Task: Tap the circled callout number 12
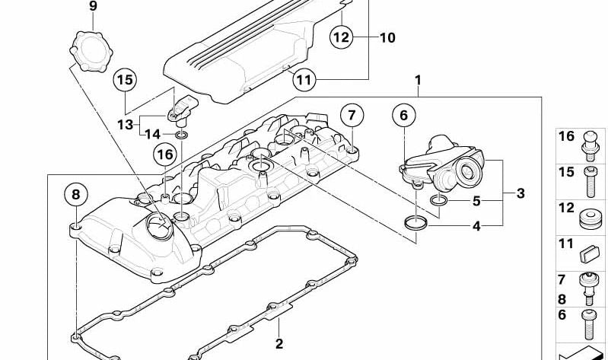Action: tap(342, 36)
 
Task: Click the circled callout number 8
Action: tap(75, 196)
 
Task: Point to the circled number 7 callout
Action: tap(351, 116)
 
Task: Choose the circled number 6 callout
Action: tap(404, 116)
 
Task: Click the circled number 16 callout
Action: tap(164, 155)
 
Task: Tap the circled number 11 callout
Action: tap(304, 78)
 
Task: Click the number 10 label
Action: tap(387, 37)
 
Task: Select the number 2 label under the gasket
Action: tap(279, 344)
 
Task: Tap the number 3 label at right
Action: tap(520, 193)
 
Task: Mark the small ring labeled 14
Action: tap(181, 136)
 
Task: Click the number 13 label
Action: tap(124, 124)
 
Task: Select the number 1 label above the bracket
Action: tap(417, 79)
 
